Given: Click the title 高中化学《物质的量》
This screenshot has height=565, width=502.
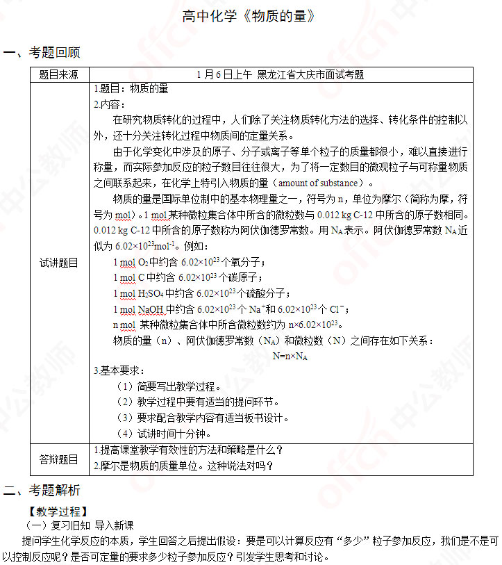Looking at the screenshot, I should click(x=251, y=17).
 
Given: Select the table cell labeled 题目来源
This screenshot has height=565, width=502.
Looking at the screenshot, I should click(x=59, y=74).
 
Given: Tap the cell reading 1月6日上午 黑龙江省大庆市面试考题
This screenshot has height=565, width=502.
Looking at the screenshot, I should click(x=281, y=74).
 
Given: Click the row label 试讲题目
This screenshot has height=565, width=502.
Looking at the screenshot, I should click(x=59, y=263).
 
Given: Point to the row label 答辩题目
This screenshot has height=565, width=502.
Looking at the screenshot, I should click(x=59, y=458).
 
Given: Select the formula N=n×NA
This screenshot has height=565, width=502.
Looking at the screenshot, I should click(x=290, y=356).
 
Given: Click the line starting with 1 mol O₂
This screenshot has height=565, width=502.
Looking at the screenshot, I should click(x=189, y=263).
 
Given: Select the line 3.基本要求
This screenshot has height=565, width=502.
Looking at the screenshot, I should click(x=119, y=371).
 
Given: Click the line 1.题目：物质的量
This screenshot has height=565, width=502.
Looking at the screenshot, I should click(x=131, y=89).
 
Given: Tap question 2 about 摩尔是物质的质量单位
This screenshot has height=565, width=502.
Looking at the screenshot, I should click(x=183, y=466).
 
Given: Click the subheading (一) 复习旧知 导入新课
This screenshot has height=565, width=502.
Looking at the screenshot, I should click(x=79, y=525).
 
